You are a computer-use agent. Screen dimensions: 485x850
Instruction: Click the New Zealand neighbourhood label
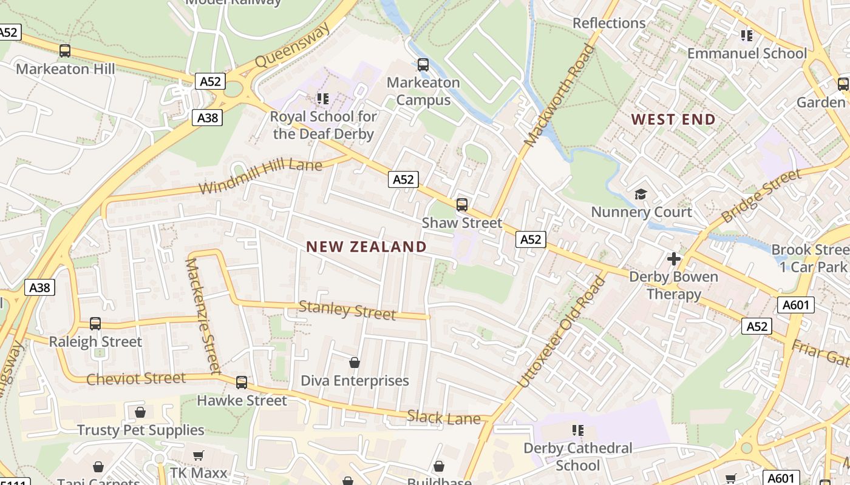coord(366,247)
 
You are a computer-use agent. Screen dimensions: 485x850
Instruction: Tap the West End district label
coord(673,119)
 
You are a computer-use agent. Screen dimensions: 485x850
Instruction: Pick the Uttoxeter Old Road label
coord(562,332)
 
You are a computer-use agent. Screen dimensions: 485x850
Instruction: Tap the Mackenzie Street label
coord(203,316)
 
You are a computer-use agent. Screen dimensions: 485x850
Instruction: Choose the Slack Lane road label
coord(444,418)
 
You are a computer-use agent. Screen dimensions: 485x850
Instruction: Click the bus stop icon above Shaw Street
coord(462,204)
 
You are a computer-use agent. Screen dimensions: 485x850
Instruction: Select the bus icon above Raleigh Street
coord(95,323)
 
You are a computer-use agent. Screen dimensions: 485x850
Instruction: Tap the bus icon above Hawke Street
coord(242,382)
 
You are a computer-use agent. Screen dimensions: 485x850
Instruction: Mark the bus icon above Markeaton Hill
coord(65,51)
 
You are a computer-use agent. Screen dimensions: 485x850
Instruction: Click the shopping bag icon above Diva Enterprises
coord(355,363)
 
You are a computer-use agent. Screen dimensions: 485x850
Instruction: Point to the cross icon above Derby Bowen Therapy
coord(673,259)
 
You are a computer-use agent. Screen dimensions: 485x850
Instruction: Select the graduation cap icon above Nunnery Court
coord(641,194)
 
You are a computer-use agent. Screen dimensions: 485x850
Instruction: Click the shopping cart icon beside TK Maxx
coord(198,456)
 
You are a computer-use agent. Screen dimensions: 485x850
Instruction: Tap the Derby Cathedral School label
coord(577,457)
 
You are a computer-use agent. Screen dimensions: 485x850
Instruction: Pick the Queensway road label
coord(293,45)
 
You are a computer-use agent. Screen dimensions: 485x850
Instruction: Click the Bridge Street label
coord(761,196)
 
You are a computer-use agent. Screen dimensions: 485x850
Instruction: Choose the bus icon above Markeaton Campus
coord(423,64)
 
